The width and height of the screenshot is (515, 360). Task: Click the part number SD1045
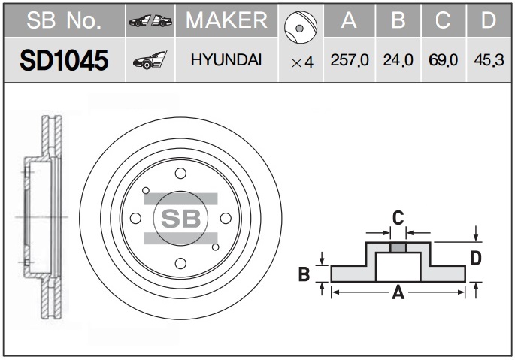point(64,60)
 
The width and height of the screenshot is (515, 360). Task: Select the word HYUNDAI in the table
point(226,60)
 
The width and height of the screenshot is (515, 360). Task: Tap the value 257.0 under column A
point(350,60)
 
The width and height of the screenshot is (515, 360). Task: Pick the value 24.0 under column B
point(398,60)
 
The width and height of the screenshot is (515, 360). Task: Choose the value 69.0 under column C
point(443,60)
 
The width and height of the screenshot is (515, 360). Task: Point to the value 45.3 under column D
point(489,60)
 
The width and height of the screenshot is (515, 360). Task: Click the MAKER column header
point(226,20)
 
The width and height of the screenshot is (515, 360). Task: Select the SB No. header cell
point(64,20)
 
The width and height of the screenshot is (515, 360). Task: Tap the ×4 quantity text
point(302,62)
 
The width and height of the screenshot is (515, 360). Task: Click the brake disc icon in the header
point(301,27)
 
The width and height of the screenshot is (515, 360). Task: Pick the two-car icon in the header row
point(150,21)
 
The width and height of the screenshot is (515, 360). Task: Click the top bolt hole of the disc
point(180,173)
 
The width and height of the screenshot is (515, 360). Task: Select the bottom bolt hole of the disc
point(180,263)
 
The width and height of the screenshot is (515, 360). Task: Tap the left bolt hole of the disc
point(135,218)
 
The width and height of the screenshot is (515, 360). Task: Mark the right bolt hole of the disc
point(226,218)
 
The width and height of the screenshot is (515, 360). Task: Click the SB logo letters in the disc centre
point(181,219)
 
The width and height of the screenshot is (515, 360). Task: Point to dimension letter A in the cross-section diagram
point(398,292)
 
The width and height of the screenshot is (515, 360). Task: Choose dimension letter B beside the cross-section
point(304,274)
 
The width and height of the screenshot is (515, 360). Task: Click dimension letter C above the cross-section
point(398,217)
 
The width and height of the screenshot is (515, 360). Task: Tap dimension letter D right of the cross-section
point(476,258)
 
